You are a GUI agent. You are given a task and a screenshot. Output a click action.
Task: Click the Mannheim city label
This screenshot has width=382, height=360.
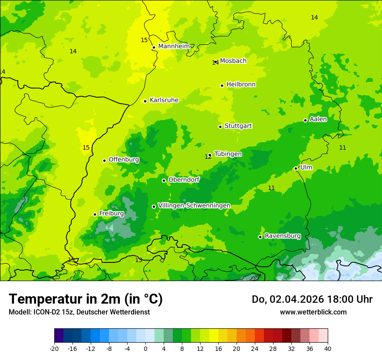(174, 46)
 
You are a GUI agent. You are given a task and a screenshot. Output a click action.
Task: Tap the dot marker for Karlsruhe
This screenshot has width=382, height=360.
(145, 101)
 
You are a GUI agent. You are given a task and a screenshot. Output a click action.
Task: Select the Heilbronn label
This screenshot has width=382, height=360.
(241, 85)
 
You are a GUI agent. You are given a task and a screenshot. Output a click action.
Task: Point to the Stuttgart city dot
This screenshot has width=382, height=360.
(220, 127)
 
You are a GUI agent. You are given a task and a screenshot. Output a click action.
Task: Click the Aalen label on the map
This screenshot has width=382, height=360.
(318, 119)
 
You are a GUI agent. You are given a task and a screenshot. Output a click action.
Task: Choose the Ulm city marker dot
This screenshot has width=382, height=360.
(296, 168)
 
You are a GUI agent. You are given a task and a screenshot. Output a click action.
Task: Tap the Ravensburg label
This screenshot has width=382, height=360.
(283, 236)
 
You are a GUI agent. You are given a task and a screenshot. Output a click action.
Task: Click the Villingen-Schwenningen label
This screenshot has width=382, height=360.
(194, 206)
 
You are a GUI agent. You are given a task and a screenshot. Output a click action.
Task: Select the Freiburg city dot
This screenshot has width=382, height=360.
(95, 214)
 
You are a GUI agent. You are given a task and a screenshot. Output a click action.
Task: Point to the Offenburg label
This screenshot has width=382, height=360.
(124, 160)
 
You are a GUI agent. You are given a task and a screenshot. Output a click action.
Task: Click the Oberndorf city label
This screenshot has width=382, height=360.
(184, 180)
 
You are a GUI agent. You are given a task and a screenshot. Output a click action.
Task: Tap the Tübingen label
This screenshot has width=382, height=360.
(228, 154)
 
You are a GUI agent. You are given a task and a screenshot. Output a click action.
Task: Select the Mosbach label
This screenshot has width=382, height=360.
(233, 61)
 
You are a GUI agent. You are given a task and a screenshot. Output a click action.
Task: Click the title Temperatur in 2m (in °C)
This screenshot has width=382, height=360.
(86, 299)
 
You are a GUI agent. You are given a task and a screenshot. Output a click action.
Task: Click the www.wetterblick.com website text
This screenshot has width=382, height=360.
(313, 312)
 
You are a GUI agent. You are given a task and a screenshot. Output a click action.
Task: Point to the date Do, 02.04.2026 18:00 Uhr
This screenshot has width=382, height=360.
(312, 299)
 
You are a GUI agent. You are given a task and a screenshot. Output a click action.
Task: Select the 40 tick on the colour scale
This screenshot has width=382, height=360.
(328, 348)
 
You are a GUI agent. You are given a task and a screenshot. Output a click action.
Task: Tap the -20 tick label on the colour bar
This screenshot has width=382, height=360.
(54, 348)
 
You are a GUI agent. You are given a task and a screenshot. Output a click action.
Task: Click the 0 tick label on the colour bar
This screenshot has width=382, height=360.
(145, 348)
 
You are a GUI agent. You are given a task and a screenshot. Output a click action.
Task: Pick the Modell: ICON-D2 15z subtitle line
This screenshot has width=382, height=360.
(79, 312)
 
